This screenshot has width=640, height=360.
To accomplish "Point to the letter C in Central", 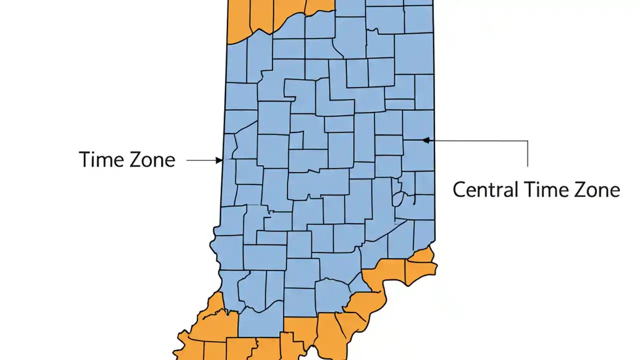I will tap(459, 190).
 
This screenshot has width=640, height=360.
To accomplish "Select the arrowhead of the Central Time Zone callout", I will tap(426, 140).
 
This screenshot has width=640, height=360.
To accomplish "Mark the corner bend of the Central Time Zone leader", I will tap(527, 141).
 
